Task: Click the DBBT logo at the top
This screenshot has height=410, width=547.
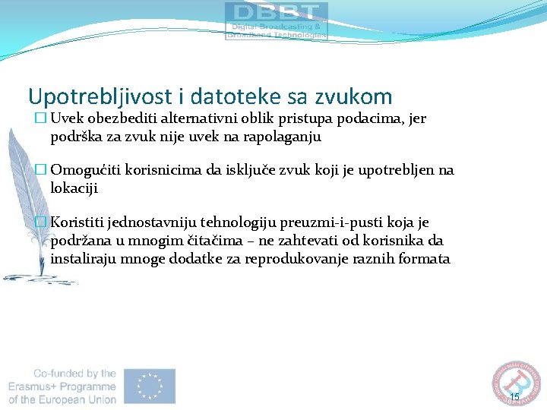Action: pos(276,20)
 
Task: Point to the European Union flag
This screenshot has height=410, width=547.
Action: pos(150,386)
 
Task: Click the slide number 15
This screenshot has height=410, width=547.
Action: pos(514,397)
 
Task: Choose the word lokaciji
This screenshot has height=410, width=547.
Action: pos(74,188)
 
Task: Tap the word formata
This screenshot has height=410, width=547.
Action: pos(425,259)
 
